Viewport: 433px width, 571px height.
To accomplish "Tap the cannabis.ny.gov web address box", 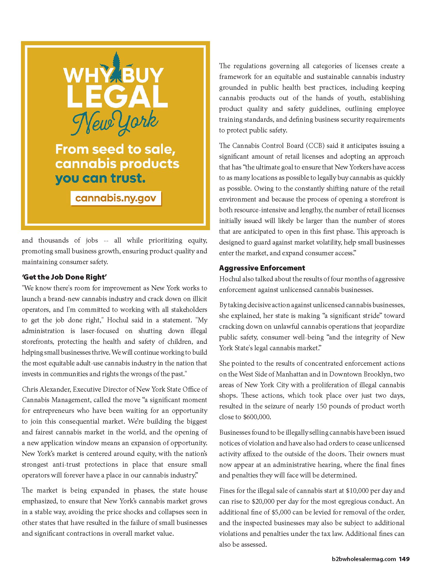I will pyautogui.click(x=116, y=198).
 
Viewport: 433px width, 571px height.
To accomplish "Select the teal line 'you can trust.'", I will pyautogui.click(x=100, y=178).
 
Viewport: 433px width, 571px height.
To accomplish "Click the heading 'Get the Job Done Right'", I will pyautogui.click(x=64, y=277).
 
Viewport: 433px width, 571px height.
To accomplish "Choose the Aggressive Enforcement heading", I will pyautogui.click(x=262, y=268).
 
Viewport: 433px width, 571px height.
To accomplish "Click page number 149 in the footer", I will pyautogui.click(x=404, y=559).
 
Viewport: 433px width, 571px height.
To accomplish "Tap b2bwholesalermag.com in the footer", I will pyautogui.click(x=364, y=559).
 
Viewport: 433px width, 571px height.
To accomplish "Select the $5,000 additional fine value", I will pyautogui.click(x=281, y=512).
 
